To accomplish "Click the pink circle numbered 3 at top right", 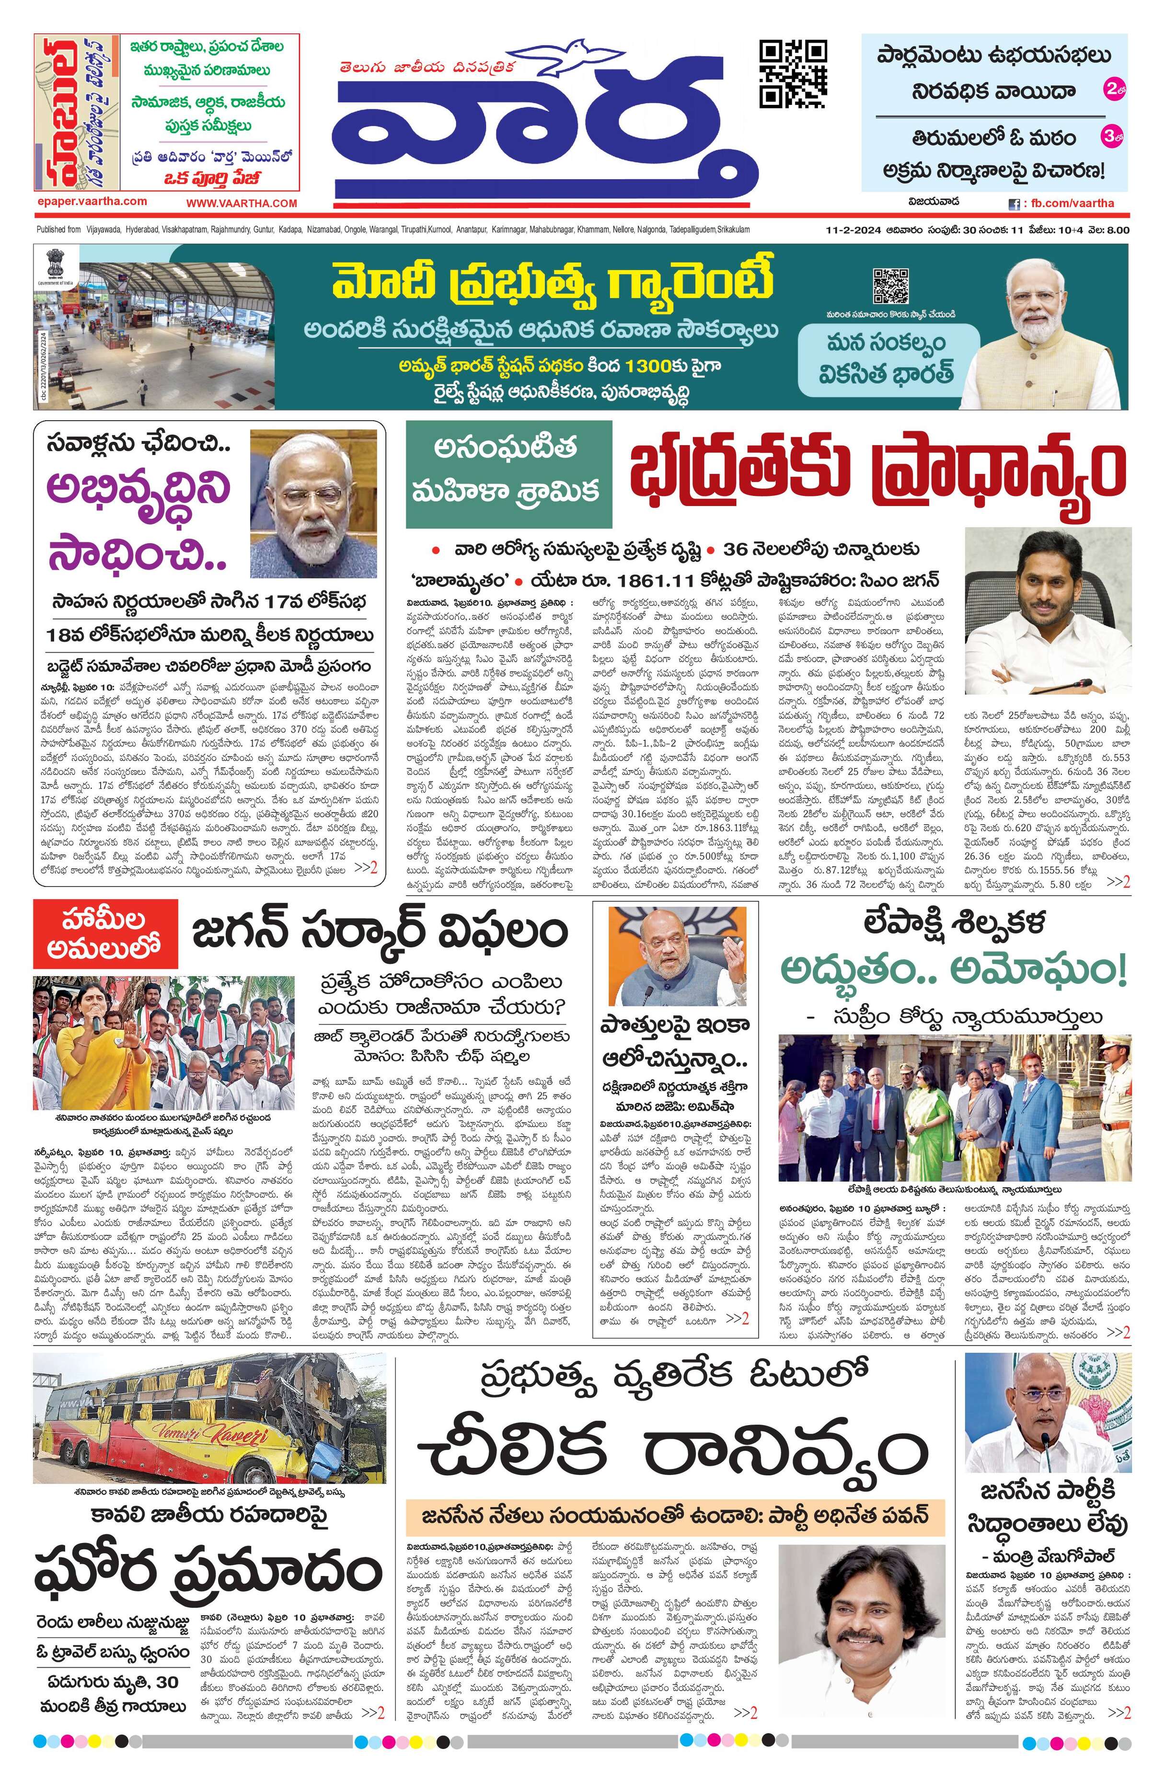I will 1112,137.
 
